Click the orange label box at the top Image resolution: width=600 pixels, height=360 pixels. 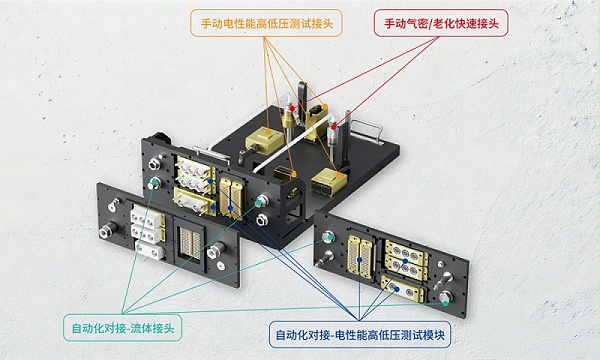[266, 23]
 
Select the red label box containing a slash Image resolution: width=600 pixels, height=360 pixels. [441, 23]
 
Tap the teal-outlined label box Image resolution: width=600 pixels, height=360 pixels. [122, 327]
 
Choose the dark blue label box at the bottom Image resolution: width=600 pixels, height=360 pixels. [360, 334]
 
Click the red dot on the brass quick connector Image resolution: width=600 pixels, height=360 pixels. [292, 109]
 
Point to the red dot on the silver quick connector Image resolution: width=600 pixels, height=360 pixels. [334, 127]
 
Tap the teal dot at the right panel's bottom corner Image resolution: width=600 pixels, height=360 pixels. [445, 303]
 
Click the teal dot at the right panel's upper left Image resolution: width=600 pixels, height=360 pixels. [326, 238]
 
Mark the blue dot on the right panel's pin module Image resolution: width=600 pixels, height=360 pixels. [360, 260]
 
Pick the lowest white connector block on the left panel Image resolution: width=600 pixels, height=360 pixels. [150, 250]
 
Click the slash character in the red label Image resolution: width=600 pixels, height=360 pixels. [430, 24]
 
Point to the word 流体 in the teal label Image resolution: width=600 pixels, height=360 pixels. [142, 328]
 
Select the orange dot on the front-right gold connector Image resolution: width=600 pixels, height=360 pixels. [339, 176]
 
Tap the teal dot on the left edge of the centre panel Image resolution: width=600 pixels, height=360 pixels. [153, 182]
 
